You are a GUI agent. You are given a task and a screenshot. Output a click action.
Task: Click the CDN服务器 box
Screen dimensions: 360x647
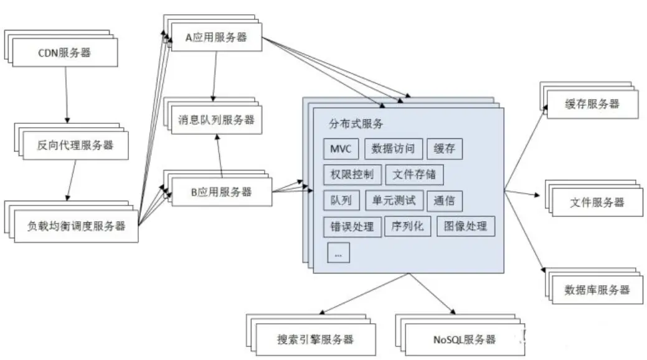click(65, 53)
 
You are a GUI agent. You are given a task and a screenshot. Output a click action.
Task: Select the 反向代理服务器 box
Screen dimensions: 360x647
click(75, 146)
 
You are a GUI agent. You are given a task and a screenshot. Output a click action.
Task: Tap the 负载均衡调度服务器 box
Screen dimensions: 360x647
click(77, 226)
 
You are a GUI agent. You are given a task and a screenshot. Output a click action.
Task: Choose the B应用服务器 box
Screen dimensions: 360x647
click(220, 191)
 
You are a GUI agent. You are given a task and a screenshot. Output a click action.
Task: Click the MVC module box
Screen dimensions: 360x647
click(341, 149)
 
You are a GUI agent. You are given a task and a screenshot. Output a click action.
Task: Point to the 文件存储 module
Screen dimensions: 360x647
click(415, 175)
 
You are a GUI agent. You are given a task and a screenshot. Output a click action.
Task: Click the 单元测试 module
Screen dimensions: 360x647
click(394, 201)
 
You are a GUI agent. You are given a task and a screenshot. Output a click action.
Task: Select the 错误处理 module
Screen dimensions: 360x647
click(352, 226)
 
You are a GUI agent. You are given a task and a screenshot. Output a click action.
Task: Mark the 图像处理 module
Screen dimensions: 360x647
click(466, 226)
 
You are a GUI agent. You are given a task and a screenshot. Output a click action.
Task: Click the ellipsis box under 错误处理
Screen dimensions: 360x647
click(338, 252)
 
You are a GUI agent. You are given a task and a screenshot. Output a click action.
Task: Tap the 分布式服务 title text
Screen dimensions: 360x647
click(356, 123)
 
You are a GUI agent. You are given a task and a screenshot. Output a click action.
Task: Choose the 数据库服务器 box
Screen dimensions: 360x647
click(597, 290)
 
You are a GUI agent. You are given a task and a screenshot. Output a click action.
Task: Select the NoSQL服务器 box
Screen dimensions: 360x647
click(464, 339)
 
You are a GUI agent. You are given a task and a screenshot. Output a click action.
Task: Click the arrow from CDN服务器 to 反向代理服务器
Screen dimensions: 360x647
click(67, 93)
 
